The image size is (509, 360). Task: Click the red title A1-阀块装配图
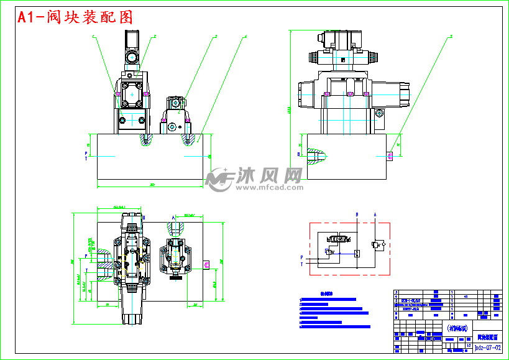pyautogui.click(x=75, y=17)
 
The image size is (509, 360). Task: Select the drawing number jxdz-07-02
pyautogui.click(x=487, y=348)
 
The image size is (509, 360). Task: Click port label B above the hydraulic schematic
pyautogui.click(x=357, y=215)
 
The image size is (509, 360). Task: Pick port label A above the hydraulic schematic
pyautogui.click(x=375, y=215)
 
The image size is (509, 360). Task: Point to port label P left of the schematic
pyautogui.click(x=302, y=257)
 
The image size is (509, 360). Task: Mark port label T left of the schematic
pyautogui.click(x=302, y=264)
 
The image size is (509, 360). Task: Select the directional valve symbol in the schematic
pyautogui.click(x=338, y=238)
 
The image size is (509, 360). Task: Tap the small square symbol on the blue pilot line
pyautogui.click(x=357, y=252)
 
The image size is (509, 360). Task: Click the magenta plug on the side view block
pyautogui.click(x=390, y=156)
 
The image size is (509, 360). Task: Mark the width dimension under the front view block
pyautogui.click(x=152, y=185)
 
